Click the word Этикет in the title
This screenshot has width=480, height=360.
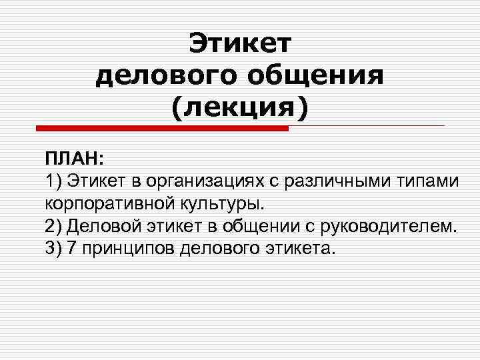240,43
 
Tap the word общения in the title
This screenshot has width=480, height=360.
317,75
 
